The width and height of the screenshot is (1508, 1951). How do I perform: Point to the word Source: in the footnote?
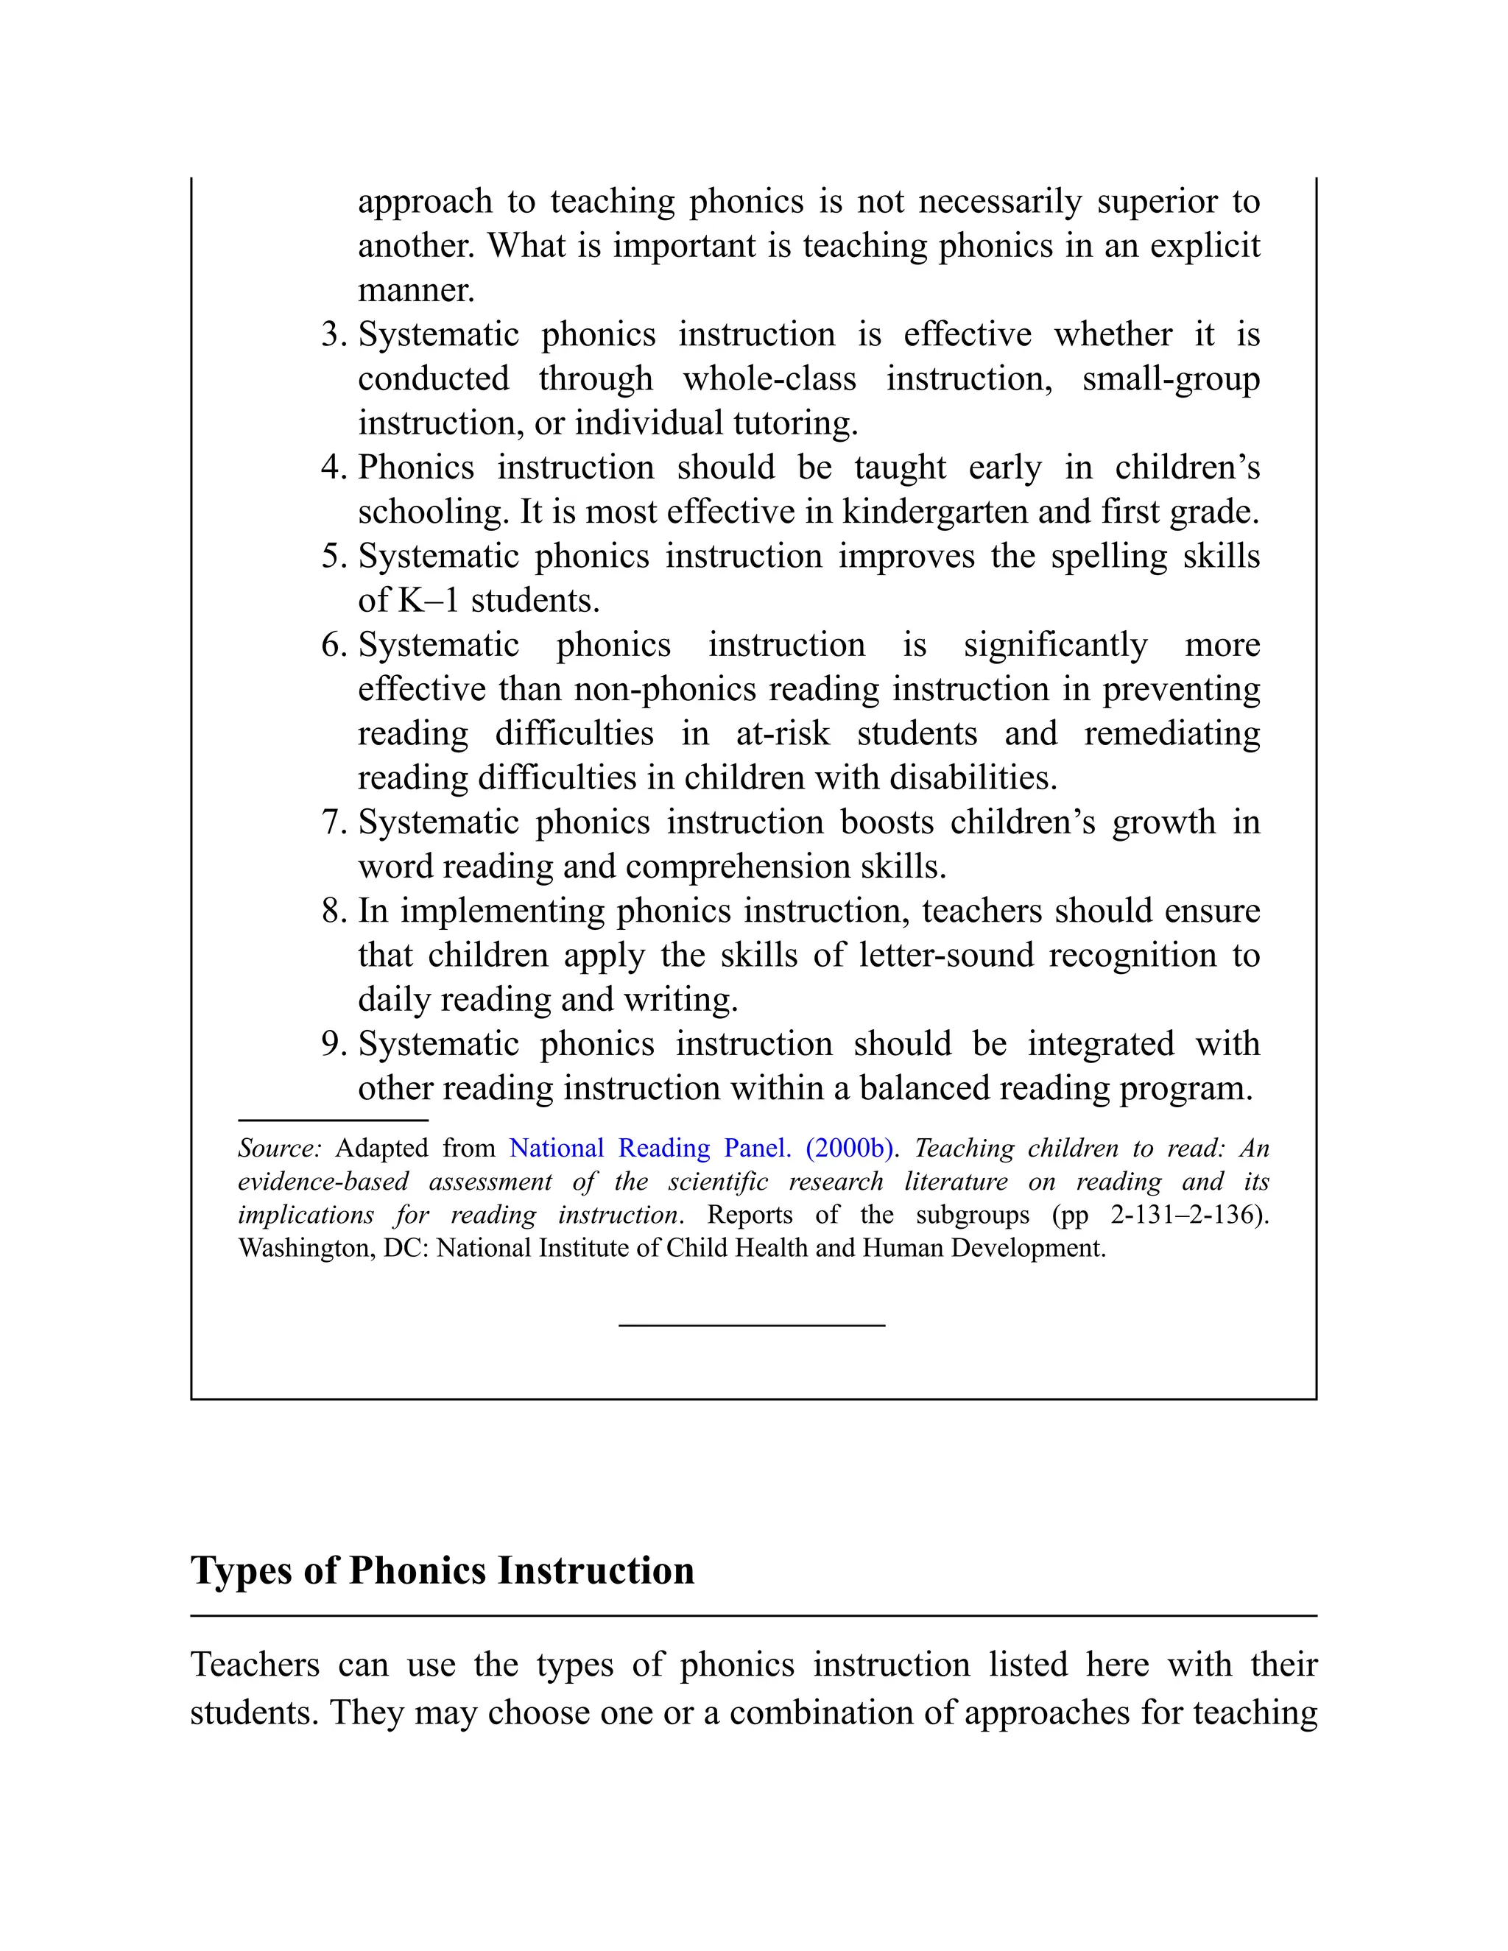coord(279,1148)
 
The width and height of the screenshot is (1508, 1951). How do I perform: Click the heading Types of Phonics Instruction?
coord(443,1570)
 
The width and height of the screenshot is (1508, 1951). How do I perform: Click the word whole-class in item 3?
coord(769,378)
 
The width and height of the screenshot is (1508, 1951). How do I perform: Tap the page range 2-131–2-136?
coord(1185,1215)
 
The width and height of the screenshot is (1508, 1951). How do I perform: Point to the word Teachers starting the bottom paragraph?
coord(256,1665)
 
